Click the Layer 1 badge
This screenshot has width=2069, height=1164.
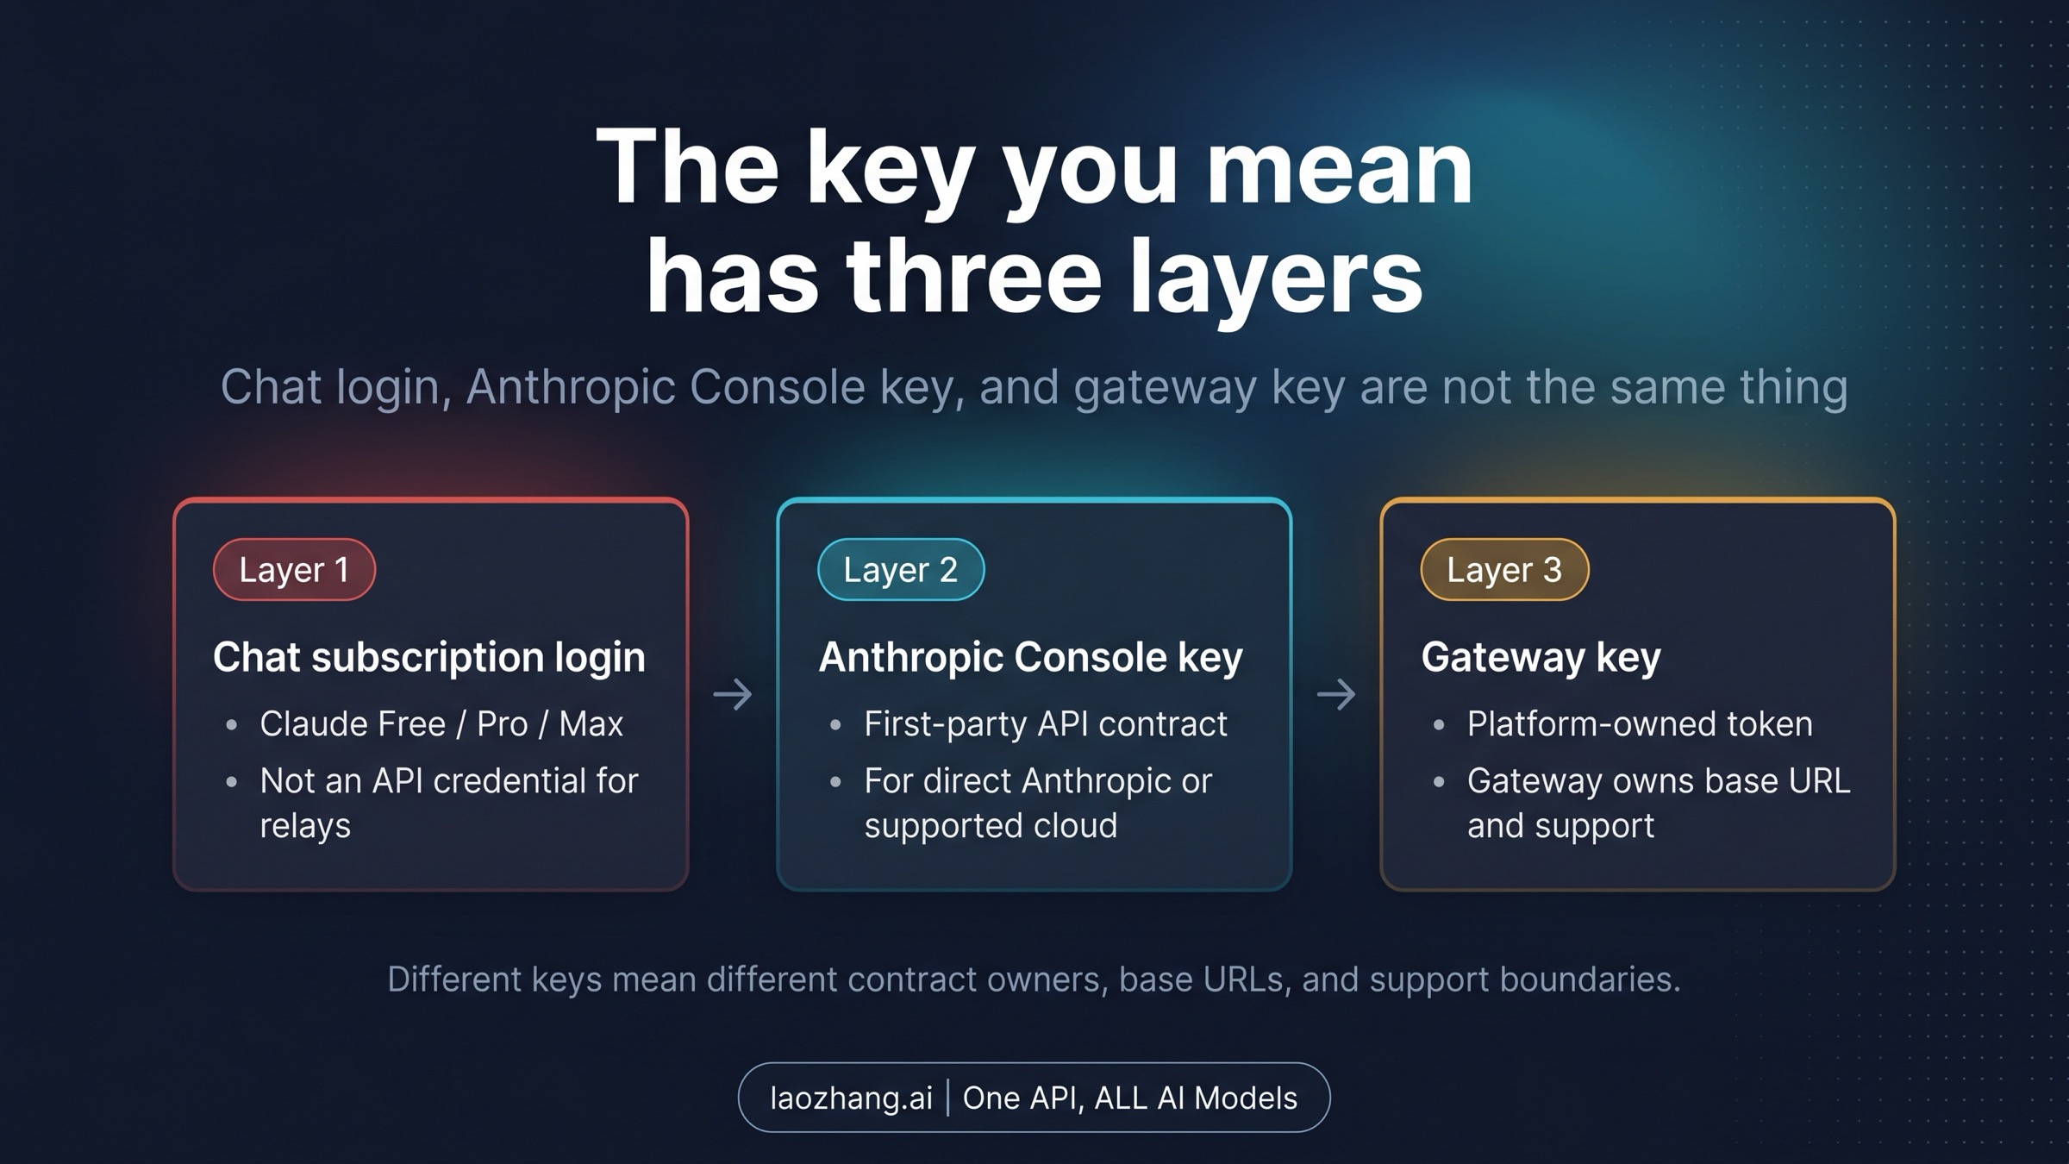294,570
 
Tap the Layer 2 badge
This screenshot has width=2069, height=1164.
900,570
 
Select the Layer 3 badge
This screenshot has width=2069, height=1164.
1503,570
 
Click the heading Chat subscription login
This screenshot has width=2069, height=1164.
428,657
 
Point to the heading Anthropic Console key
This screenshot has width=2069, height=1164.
1030,657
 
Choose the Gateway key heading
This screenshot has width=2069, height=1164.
1541,657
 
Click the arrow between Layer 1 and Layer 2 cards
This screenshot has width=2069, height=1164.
733,694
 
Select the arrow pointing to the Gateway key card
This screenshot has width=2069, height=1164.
1336,694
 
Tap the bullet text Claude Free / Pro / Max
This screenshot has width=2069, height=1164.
441,724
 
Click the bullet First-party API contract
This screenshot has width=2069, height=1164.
1045,724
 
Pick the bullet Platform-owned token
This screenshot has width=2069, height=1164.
1639,724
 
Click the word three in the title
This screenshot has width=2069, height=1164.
974,278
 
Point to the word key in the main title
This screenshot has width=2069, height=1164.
889,168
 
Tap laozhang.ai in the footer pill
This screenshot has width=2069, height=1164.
851,1098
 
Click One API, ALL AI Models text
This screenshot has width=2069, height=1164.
1129,1098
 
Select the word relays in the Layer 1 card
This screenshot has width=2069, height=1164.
305,826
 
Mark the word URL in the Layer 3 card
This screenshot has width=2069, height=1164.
1819,781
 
